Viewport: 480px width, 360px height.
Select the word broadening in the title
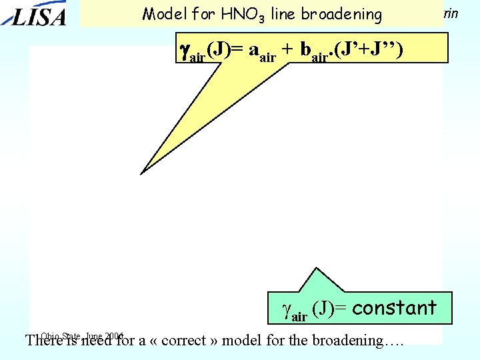click(x=349, y=14)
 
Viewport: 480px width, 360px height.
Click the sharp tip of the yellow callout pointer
click(x=141, y=173)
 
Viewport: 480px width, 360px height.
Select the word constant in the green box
click(x=394, y=308)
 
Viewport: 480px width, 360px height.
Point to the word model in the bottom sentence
click(x=240, y=341)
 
